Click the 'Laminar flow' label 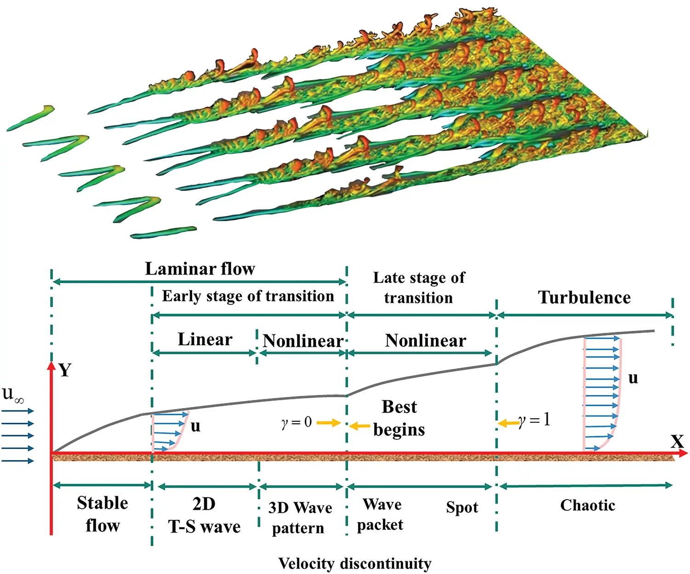200,269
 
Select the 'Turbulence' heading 584,297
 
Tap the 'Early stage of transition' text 248,296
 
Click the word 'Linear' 205,340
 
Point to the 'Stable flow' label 103,514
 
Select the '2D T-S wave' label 204,515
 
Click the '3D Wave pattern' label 300,517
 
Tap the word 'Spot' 462,507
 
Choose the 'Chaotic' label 587,506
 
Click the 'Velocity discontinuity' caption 355,563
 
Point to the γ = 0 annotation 297,422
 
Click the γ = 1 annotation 534,420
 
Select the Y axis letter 65,370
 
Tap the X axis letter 677,442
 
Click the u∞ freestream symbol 12,394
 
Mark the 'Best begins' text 399,418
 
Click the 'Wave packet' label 381,515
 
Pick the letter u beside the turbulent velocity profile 633,378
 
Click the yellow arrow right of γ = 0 329,423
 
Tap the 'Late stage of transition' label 419,288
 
